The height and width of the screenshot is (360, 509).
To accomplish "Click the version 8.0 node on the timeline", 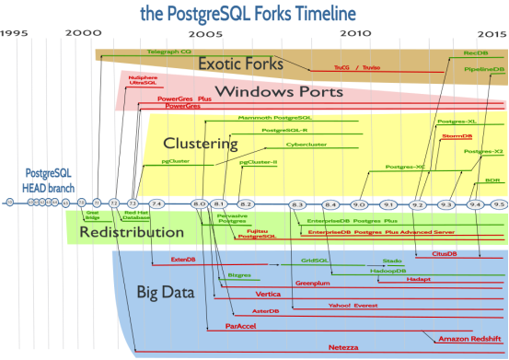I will pyautogui.click(x=199, y=203).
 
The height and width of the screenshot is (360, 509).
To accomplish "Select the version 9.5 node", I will pyautogui.click(x=499, y=203).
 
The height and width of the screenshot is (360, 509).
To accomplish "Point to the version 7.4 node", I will pyautogui.click(x=156, y=203).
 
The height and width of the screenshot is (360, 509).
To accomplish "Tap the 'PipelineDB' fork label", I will pyautogui.click(x=483, y=69).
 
